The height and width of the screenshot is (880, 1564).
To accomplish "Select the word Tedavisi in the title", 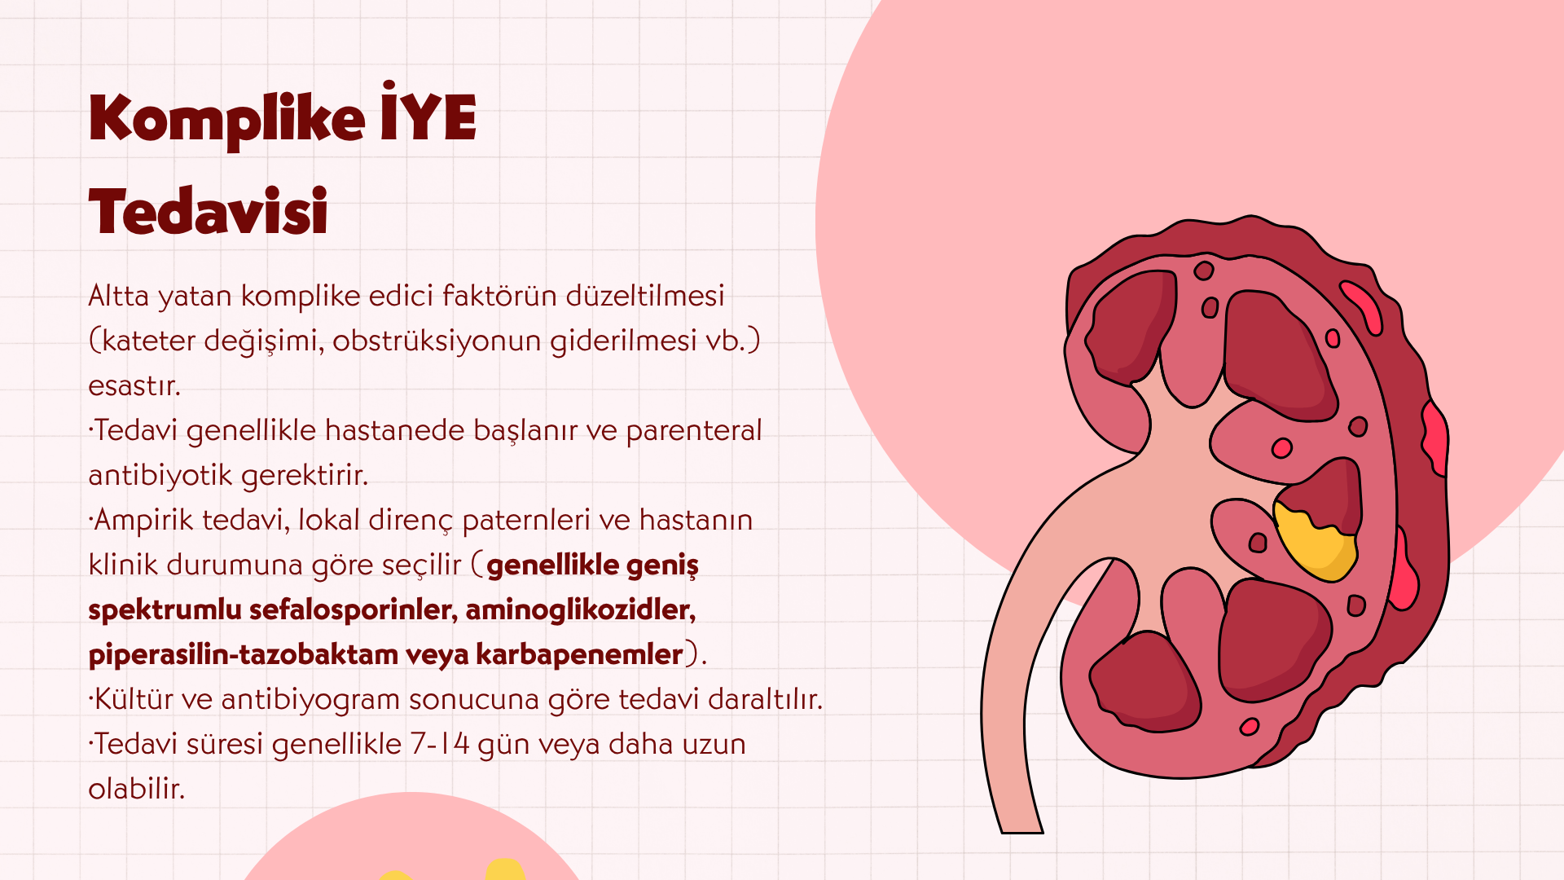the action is coord(208,211).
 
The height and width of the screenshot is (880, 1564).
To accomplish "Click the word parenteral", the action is coord(693,430).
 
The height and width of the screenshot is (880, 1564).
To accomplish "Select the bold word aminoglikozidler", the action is coord(581,609).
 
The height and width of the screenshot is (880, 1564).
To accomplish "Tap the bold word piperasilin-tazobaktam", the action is coord(243,654).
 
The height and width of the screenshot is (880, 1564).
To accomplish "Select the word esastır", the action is coord(134,385).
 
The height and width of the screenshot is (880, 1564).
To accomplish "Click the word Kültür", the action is coord(134,698).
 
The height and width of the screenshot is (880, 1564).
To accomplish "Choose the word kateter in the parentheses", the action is coord(149,341).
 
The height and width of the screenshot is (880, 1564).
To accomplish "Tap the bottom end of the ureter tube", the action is coord(1021,831).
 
